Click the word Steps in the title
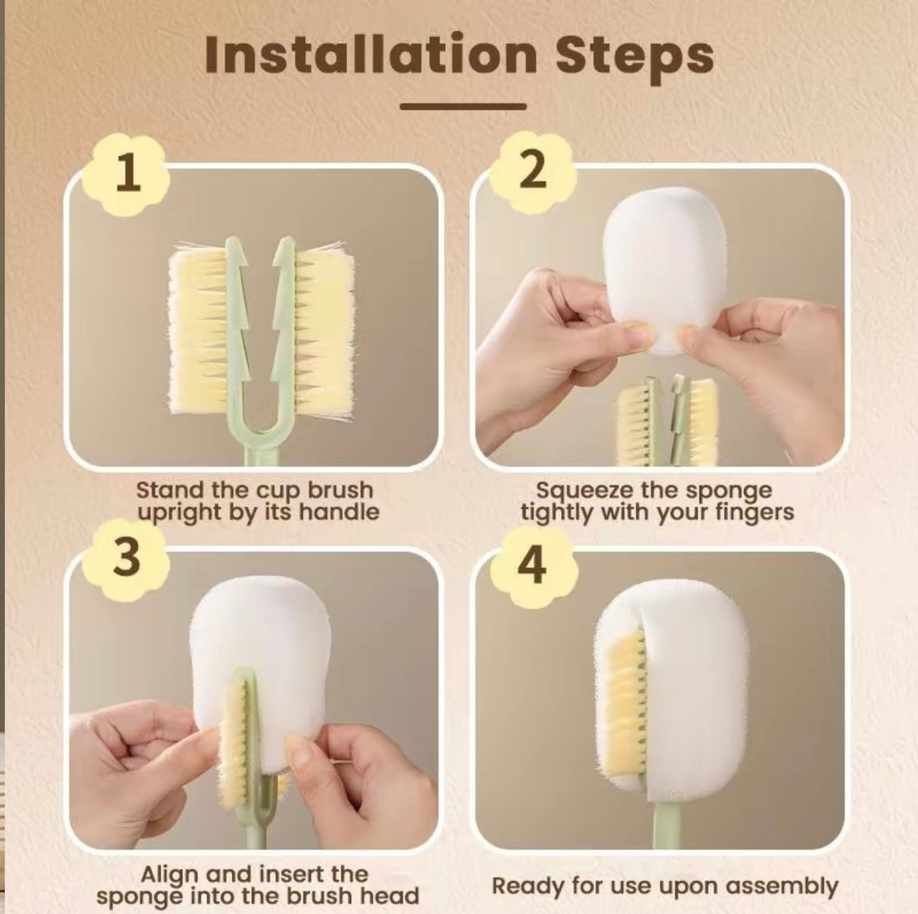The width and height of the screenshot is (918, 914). (640, 54)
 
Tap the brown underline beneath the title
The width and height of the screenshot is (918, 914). (462, 107)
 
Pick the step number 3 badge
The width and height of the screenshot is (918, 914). (128, 557)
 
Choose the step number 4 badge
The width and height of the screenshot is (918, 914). (534, 564)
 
